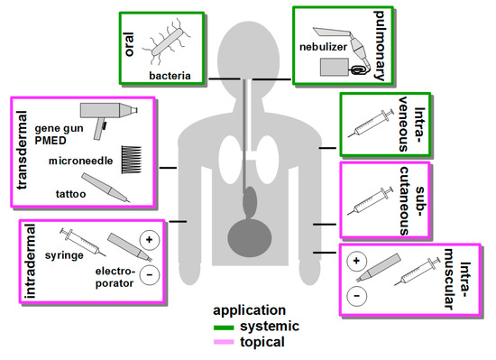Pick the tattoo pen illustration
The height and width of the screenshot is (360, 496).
pyautogui.click(x=106, y=186)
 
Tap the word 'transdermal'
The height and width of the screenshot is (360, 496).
pyautogui.click(x=23, y=153)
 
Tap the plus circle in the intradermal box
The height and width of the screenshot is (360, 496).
pyautogui.click(x=148, y=241)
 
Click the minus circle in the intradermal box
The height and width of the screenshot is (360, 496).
pyautogui.click(x=148, y=273)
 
